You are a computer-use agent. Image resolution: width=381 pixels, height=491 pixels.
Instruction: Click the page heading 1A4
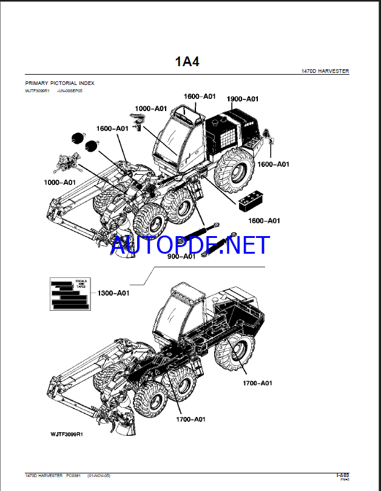[187, 61]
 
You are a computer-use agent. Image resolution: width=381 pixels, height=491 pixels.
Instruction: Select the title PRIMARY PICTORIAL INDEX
[59, 83]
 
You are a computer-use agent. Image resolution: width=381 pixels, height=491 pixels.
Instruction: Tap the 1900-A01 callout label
[242, 99]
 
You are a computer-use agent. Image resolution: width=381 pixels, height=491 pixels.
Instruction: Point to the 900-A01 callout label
[181, 256]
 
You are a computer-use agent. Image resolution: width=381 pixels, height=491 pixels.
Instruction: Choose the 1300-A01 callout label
[113, 293]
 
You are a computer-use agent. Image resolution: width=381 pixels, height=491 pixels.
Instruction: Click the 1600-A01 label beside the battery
[265, 220]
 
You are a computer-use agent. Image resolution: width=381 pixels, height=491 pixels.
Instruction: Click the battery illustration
[251, 202]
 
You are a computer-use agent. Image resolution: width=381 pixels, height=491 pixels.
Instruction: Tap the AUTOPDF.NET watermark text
[190, 245]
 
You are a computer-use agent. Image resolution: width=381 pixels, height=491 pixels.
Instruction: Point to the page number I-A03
[342, 475]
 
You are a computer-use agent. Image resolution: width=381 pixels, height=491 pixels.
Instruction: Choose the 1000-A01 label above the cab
[150, 108]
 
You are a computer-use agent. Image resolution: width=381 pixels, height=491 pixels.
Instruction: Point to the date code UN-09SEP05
[69, 90]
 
